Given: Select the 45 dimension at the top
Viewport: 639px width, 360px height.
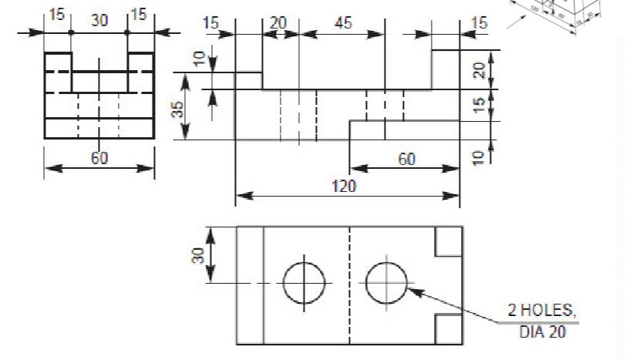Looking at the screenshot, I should [342, 23].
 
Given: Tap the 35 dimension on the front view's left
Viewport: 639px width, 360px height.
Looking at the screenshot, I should [178, 108].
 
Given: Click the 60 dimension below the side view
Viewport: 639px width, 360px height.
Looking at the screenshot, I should [99, 158].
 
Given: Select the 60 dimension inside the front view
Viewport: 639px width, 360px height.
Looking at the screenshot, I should [406, 159].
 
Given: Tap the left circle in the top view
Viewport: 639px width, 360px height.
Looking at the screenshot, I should [304, 282].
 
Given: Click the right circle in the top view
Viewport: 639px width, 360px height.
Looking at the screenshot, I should [386, 282].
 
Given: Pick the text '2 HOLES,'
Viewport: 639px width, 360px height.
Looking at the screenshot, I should [541, 311].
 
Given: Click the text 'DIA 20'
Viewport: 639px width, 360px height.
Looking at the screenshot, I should [541, 332].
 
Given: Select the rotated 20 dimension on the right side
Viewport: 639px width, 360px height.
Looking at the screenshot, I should [479, 70].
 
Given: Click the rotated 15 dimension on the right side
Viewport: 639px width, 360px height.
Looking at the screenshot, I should [479, 105].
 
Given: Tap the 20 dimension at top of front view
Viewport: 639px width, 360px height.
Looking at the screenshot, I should [277, 23].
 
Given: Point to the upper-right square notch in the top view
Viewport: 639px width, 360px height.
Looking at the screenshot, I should [449, 241].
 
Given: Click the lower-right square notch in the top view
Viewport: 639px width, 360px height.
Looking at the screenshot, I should [449, 329].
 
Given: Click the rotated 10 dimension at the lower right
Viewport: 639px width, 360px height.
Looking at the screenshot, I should [479, 156].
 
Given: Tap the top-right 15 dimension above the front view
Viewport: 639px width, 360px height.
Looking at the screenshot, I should [479, 23].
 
